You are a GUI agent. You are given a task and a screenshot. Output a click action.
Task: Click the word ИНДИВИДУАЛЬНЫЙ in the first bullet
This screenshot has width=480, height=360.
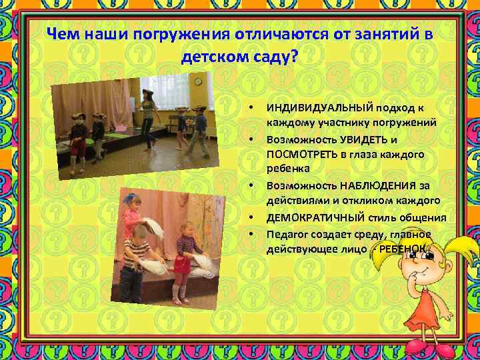point(310,108)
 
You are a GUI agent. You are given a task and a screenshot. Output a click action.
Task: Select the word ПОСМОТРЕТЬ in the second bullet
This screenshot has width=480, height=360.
point(303,154)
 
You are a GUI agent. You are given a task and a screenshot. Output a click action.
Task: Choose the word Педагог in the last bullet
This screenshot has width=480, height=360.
point(286,234)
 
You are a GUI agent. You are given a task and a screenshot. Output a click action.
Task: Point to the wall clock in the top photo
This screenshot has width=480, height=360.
point(198,81)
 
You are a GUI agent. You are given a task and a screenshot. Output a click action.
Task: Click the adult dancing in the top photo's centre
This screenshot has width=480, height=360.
point(147,117)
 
